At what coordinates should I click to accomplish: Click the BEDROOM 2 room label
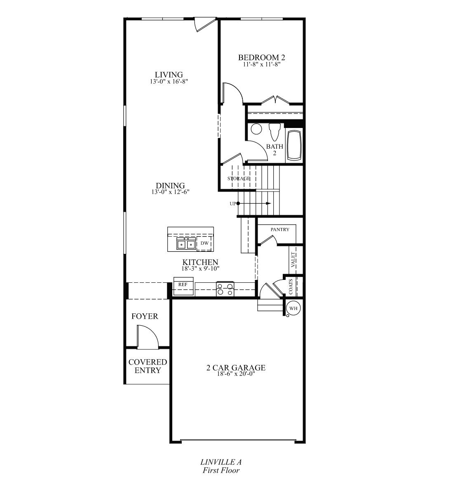(x=262, y=57)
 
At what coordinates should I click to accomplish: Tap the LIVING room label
(x=169, y=75)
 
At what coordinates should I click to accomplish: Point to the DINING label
(x=170, y=186)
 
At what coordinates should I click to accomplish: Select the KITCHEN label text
(x=200, y=262)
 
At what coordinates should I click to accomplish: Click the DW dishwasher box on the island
(x=204, y=244)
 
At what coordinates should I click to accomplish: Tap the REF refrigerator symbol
(x=183, y=284)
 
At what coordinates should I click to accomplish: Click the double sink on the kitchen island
(x=186, y=244)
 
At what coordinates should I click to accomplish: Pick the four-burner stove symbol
(x=225, y=288)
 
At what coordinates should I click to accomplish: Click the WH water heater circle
(x=293, y=308)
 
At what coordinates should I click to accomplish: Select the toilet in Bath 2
(x=274, y=132)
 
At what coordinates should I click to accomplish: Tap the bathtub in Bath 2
(x=294, y=145)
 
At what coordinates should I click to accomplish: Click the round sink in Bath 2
(x=256, y=129)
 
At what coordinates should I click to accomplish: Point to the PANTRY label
(x=280, y=230)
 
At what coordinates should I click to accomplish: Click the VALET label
(x=293, y=260)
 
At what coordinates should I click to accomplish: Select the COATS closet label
(x=291, y=287)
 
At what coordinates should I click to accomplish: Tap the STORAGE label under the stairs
(x=239, y=179)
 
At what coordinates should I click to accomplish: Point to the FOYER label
(x=145, y=316)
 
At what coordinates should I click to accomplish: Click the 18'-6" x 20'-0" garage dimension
(x=236, y=374)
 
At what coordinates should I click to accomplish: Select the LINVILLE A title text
(x=221, y=462)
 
